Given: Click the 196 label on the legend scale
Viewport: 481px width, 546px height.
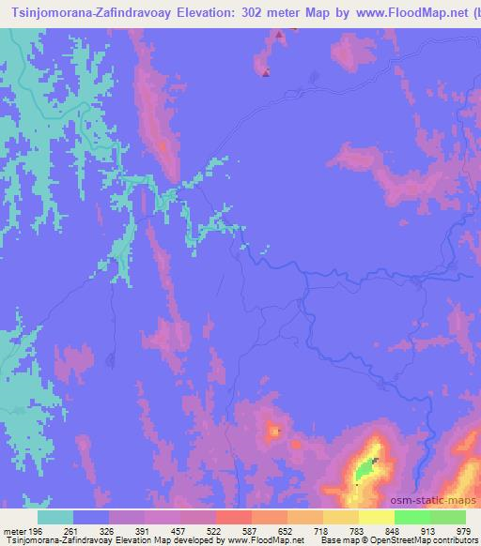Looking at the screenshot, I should [35, 532].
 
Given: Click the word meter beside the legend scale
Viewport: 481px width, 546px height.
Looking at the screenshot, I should [12, 532].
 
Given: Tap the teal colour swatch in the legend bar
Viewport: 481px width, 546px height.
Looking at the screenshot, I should [55, 517].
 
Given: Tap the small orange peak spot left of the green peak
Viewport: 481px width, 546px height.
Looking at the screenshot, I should [275, 431].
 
